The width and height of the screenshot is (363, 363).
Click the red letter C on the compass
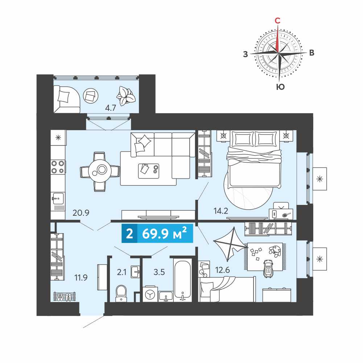pos(277,21)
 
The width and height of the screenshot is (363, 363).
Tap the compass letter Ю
pos(280,87)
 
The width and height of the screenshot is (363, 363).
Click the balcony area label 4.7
pos(110,108)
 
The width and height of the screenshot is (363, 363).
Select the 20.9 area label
pos(81,213)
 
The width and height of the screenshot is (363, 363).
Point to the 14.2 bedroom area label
pos(221,211)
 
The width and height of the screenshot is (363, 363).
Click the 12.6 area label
pos(222,270)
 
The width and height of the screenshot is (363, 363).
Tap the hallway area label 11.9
pos(81,277)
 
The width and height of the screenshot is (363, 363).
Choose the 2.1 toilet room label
pos(121,272)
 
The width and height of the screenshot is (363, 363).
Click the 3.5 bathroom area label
pos(159,272)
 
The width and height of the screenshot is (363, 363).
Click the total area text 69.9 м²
pos(164,234)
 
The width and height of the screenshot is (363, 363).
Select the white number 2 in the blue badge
pos(129,234)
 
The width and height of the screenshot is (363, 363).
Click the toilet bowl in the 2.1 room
pos(121,293)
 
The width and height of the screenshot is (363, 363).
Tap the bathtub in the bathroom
pos(183,280)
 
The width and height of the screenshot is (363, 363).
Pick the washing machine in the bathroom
pos(150,294)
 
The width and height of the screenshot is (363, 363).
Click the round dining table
pos(100,172)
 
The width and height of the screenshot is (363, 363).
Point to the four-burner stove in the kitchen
pos(58,167)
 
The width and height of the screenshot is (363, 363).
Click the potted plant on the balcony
pos(125,96)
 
